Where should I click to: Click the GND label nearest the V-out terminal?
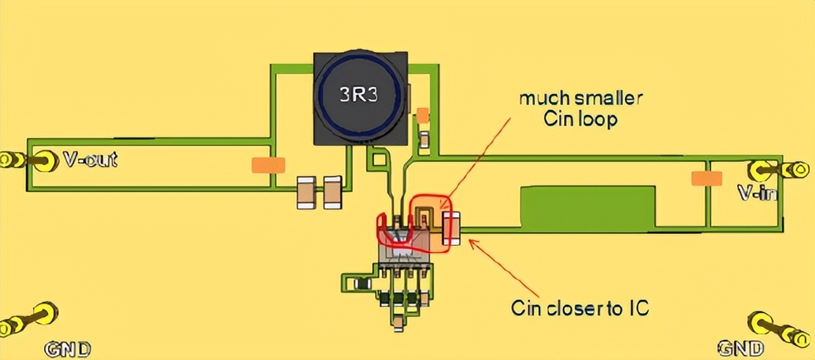[67, 349]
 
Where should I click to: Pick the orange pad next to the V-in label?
[707, 179]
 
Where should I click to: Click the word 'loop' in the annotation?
[600, 119]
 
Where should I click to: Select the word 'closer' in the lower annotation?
[575, 308]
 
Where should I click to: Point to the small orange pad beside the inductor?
[422, 115]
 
